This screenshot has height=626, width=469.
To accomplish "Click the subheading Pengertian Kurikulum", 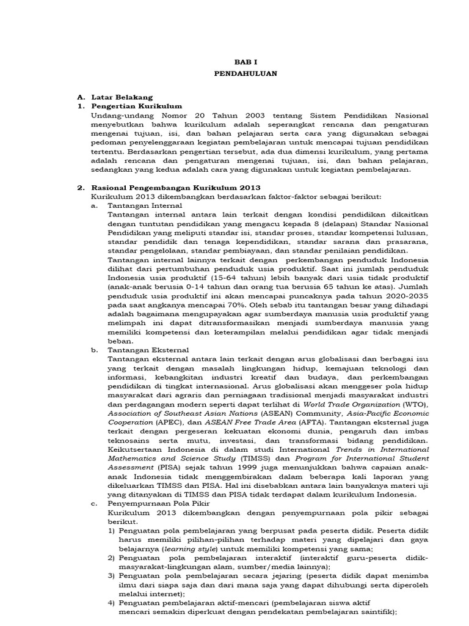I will coord(133,106).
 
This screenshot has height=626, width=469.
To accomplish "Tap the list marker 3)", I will coord(111,576).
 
